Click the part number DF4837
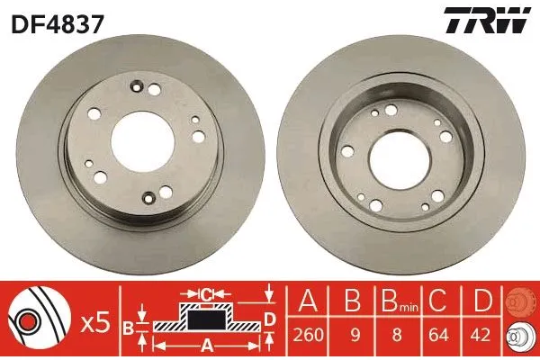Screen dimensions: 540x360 click(x=58, y=25)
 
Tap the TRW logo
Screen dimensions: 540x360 click(x=487, y=21)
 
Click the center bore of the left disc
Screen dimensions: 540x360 click(x=142, y=141)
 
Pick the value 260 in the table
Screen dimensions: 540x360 click(x=309, y=335)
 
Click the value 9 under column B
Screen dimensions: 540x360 click(x=355, y=335)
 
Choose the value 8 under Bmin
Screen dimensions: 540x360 click(x=397, y=335)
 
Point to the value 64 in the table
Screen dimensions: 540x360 click(x=440, y=335)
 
